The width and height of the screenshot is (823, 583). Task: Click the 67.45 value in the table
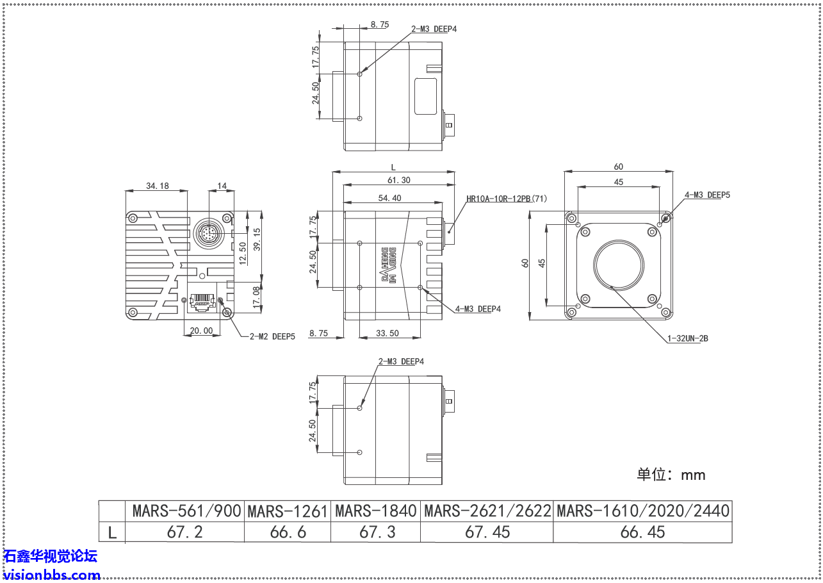486,532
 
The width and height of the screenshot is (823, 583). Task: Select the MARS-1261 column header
287,511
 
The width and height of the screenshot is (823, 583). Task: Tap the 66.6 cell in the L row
287,532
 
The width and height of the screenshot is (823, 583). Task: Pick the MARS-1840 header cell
375,511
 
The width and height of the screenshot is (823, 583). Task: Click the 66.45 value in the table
642,532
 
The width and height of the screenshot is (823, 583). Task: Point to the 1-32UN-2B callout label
688,338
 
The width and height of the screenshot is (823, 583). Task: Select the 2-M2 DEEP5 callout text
272,336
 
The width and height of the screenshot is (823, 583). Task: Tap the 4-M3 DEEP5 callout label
707,195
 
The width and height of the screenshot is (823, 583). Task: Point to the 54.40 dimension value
389,198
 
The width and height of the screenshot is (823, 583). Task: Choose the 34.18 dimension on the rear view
157,186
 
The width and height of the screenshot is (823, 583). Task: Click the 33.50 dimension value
388,333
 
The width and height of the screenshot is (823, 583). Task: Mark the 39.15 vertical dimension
257,240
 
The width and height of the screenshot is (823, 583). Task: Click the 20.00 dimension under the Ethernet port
201,331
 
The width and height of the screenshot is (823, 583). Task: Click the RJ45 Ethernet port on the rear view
202,300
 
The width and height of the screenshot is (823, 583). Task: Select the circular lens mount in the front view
619,265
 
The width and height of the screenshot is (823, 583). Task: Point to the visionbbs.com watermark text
51,575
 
